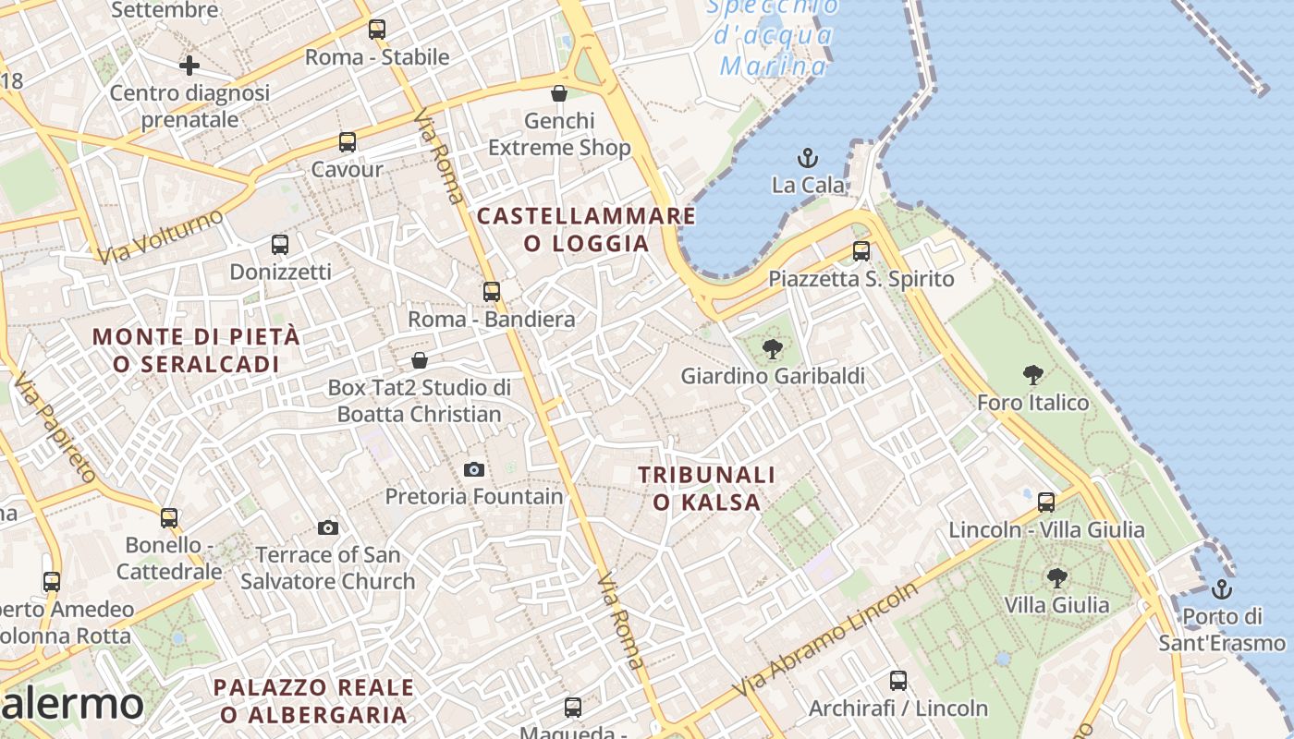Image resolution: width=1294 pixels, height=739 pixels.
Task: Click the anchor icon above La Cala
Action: tap(808, 158)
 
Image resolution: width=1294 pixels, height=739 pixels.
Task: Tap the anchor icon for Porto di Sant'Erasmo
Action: tap(1222, 588)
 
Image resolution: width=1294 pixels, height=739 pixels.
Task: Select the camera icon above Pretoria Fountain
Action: tap(474, 469)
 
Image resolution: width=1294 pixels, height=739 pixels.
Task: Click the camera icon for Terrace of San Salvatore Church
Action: tap(327, 527)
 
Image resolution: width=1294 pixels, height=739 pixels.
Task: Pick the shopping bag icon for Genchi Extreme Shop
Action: tap(558, 93)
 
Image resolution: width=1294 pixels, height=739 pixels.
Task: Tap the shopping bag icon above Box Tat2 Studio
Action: tap(420, 359)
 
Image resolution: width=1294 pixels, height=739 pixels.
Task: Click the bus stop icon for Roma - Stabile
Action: tap(376, 29)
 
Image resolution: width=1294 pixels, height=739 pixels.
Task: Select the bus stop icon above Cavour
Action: tap(347, 142)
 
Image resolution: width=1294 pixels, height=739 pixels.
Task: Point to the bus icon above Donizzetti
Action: tap(280, 245)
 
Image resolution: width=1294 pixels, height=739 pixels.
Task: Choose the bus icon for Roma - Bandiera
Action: tap(492, 292)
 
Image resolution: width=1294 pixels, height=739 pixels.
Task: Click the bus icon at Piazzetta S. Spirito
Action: tap(861, 250)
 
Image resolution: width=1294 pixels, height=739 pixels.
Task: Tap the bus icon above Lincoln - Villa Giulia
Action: tap(1046, 503)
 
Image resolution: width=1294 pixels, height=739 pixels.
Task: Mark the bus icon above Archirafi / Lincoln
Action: tap(897, 681)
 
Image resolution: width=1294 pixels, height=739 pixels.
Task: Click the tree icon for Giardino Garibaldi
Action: tap(772, 349)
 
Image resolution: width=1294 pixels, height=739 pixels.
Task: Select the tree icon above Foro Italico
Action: tap(1033, 375)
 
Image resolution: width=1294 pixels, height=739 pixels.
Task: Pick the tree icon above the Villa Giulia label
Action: tap(1057, 578)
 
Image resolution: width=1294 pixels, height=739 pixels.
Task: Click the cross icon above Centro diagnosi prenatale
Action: tap(189, 65)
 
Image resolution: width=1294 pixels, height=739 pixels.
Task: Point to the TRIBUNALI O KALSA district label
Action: tap(707, 489)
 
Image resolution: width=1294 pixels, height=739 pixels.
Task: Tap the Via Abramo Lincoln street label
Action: tap(824, 639)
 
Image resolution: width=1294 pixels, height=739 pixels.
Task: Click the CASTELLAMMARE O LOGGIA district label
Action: tap(586, 230)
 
